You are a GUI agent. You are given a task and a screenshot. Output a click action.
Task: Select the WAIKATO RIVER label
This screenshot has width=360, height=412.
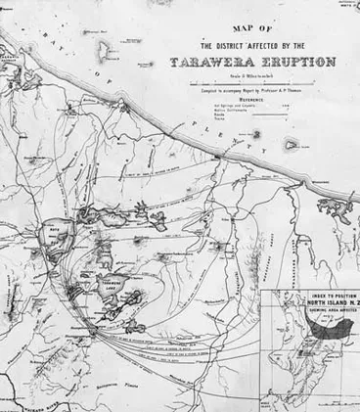29,402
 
